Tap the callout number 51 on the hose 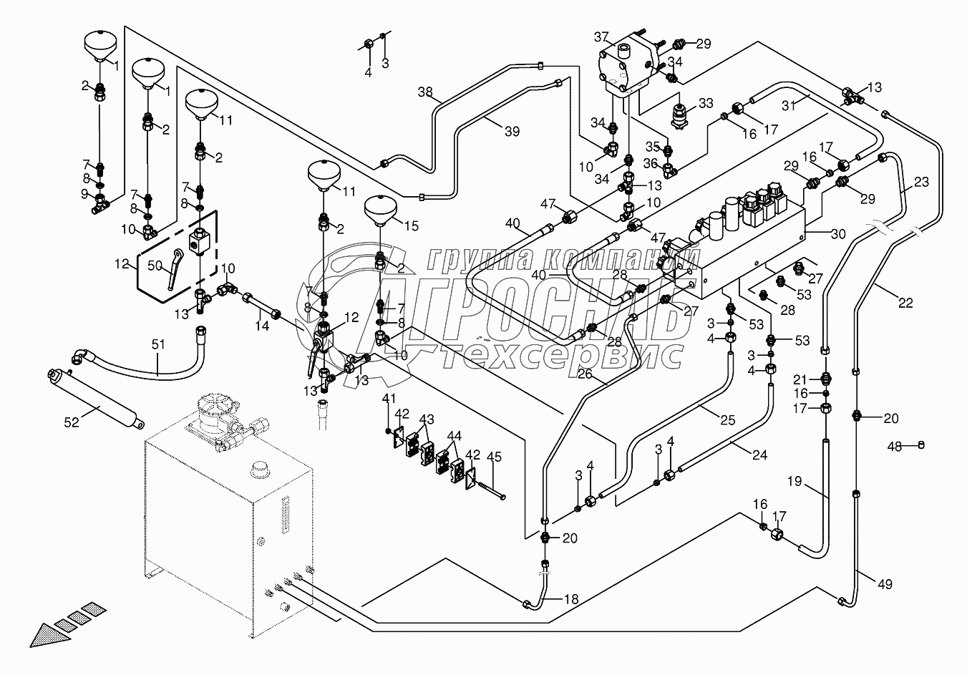click(158, 344)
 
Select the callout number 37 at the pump click(601, 37)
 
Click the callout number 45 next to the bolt click(493, 457)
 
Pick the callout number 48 click(893, 446)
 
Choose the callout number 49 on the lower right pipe click(885, 584)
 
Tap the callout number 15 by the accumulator click(412, 226)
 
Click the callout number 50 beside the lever click(155, 266)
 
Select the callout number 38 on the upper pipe click(426, 92)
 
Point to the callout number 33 click(706, 103)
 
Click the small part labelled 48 click(921, 445)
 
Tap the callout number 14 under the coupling click(262, 326)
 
